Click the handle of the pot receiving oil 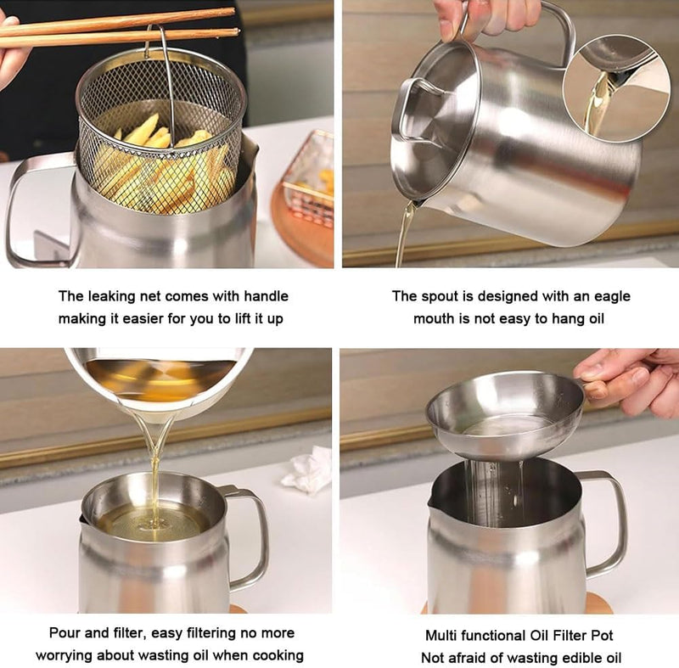tap(250, 535)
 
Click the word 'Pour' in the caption tap(65, 632)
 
